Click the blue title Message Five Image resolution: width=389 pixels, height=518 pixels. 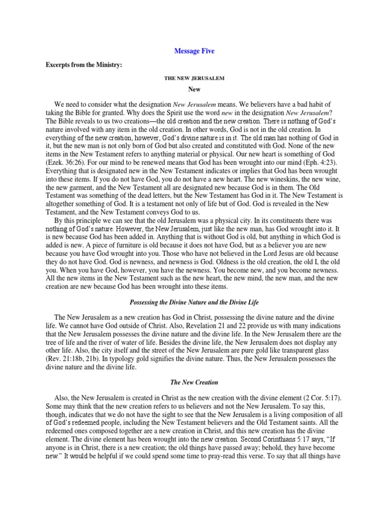coord(194,51)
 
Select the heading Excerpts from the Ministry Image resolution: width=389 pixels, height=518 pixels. coord(80,66)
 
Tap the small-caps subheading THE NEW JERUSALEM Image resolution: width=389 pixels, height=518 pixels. coord(194,78)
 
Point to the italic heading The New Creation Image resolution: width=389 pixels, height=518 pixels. coord(194,382)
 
